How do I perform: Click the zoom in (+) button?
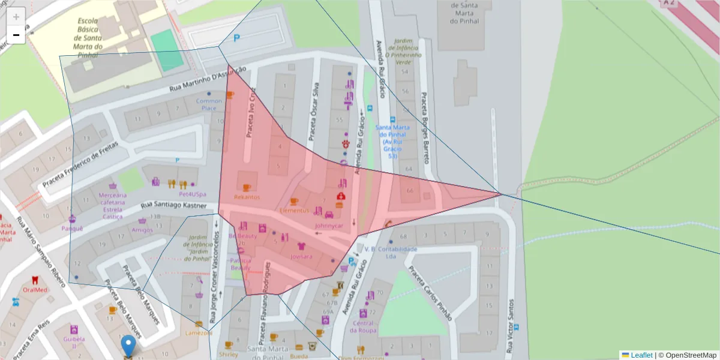tap(16, 16)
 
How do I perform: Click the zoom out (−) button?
tap(16, 35)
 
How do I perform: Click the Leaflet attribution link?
tap(641, 355)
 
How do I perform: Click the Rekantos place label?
tap(247, 197)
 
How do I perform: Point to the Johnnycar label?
tap(329, 226)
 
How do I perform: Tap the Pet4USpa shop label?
tap(193, 194)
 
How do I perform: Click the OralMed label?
tap(35, 290)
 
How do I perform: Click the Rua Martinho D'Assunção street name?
tap(208, 79)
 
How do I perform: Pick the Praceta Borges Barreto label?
tap(425, 128)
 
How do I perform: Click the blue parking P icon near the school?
tap(237, 38)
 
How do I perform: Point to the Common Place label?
tap(209, 104)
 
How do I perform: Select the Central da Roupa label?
tap(362, 327)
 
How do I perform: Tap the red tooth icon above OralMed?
tap(35, 280)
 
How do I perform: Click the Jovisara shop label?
tap(301, 256)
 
